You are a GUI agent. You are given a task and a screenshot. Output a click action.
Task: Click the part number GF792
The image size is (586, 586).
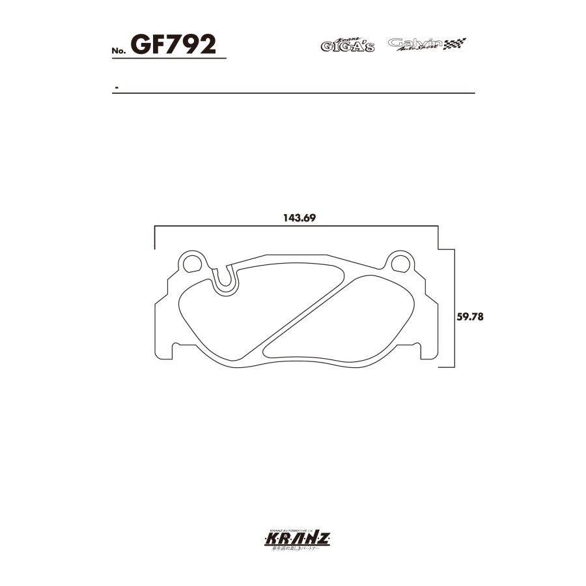[173, 44]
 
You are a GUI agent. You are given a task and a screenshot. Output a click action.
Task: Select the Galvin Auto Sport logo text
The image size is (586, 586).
[415, 44]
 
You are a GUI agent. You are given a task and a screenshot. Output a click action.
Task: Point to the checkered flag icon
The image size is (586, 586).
[455, 44]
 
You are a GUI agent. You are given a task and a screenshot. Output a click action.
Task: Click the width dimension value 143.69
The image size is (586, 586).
[299, 218]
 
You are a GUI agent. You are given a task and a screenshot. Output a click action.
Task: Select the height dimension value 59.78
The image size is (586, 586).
[468, 317]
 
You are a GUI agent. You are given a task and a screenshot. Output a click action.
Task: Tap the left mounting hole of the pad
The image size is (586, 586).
[192, 263]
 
